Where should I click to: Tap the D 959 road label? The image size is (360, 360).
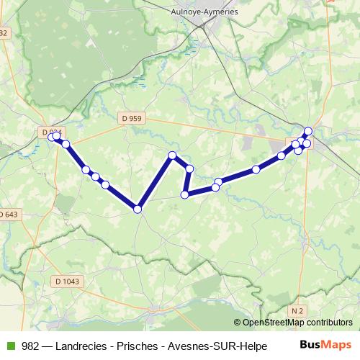point(132,117)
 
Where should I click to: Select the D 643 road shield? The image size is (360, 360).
point(9,215)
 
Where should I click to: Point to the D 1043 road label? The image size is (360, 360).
point(68,282)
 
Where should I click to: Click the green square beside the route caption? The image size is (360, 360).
point(9,346)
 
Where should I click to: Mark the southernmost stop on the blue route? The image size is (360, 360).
point(137,210)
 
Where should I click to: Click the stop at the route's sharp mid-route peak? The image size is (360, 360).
point(172,156)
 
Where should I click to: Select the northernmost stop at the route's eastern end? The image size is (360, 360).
point(308,131)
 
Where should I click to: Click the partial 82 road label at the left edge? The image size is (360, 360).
point(4,33)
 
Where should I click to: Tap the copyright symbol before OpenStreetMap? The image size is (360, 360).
point(238,323)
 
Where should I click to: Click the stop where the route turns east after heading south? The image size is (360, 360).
point(184,194)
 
